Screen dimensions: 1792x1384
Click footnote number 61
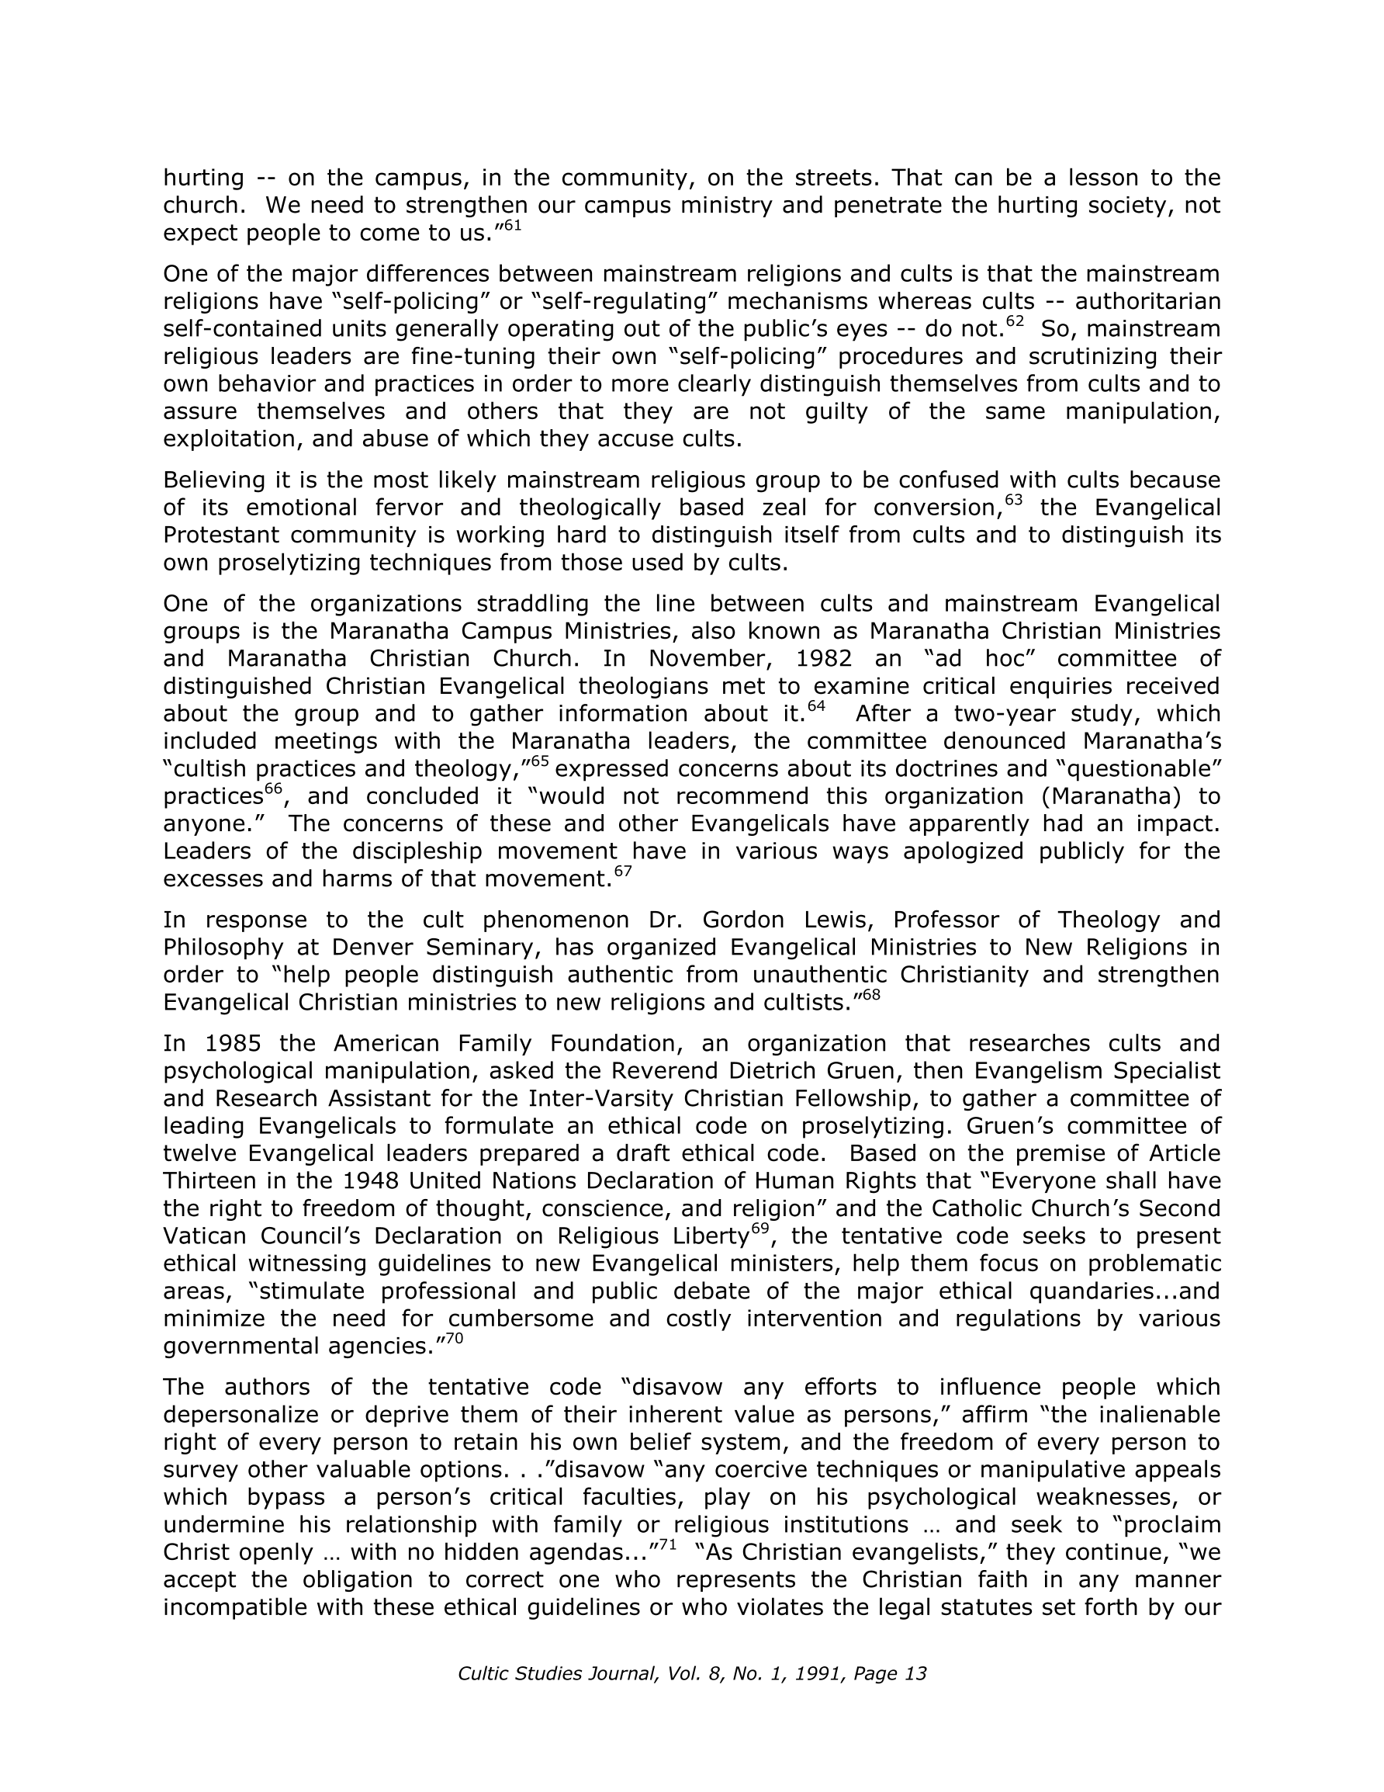pyautogui.click(x=512, y=226)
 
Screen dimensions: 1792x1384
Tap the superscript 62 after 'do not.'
pyautogui.click(x=1015, y=321)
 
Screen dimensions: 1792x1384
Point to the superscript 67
pyautogui.click(x=624, y=872)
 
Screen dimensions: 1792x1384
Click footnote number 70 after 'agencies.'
pyautogui.click(x=455, y=1339)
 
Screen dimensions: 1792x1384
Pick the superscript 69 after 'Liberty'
pyautogui.click(x=760, y=1229)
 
